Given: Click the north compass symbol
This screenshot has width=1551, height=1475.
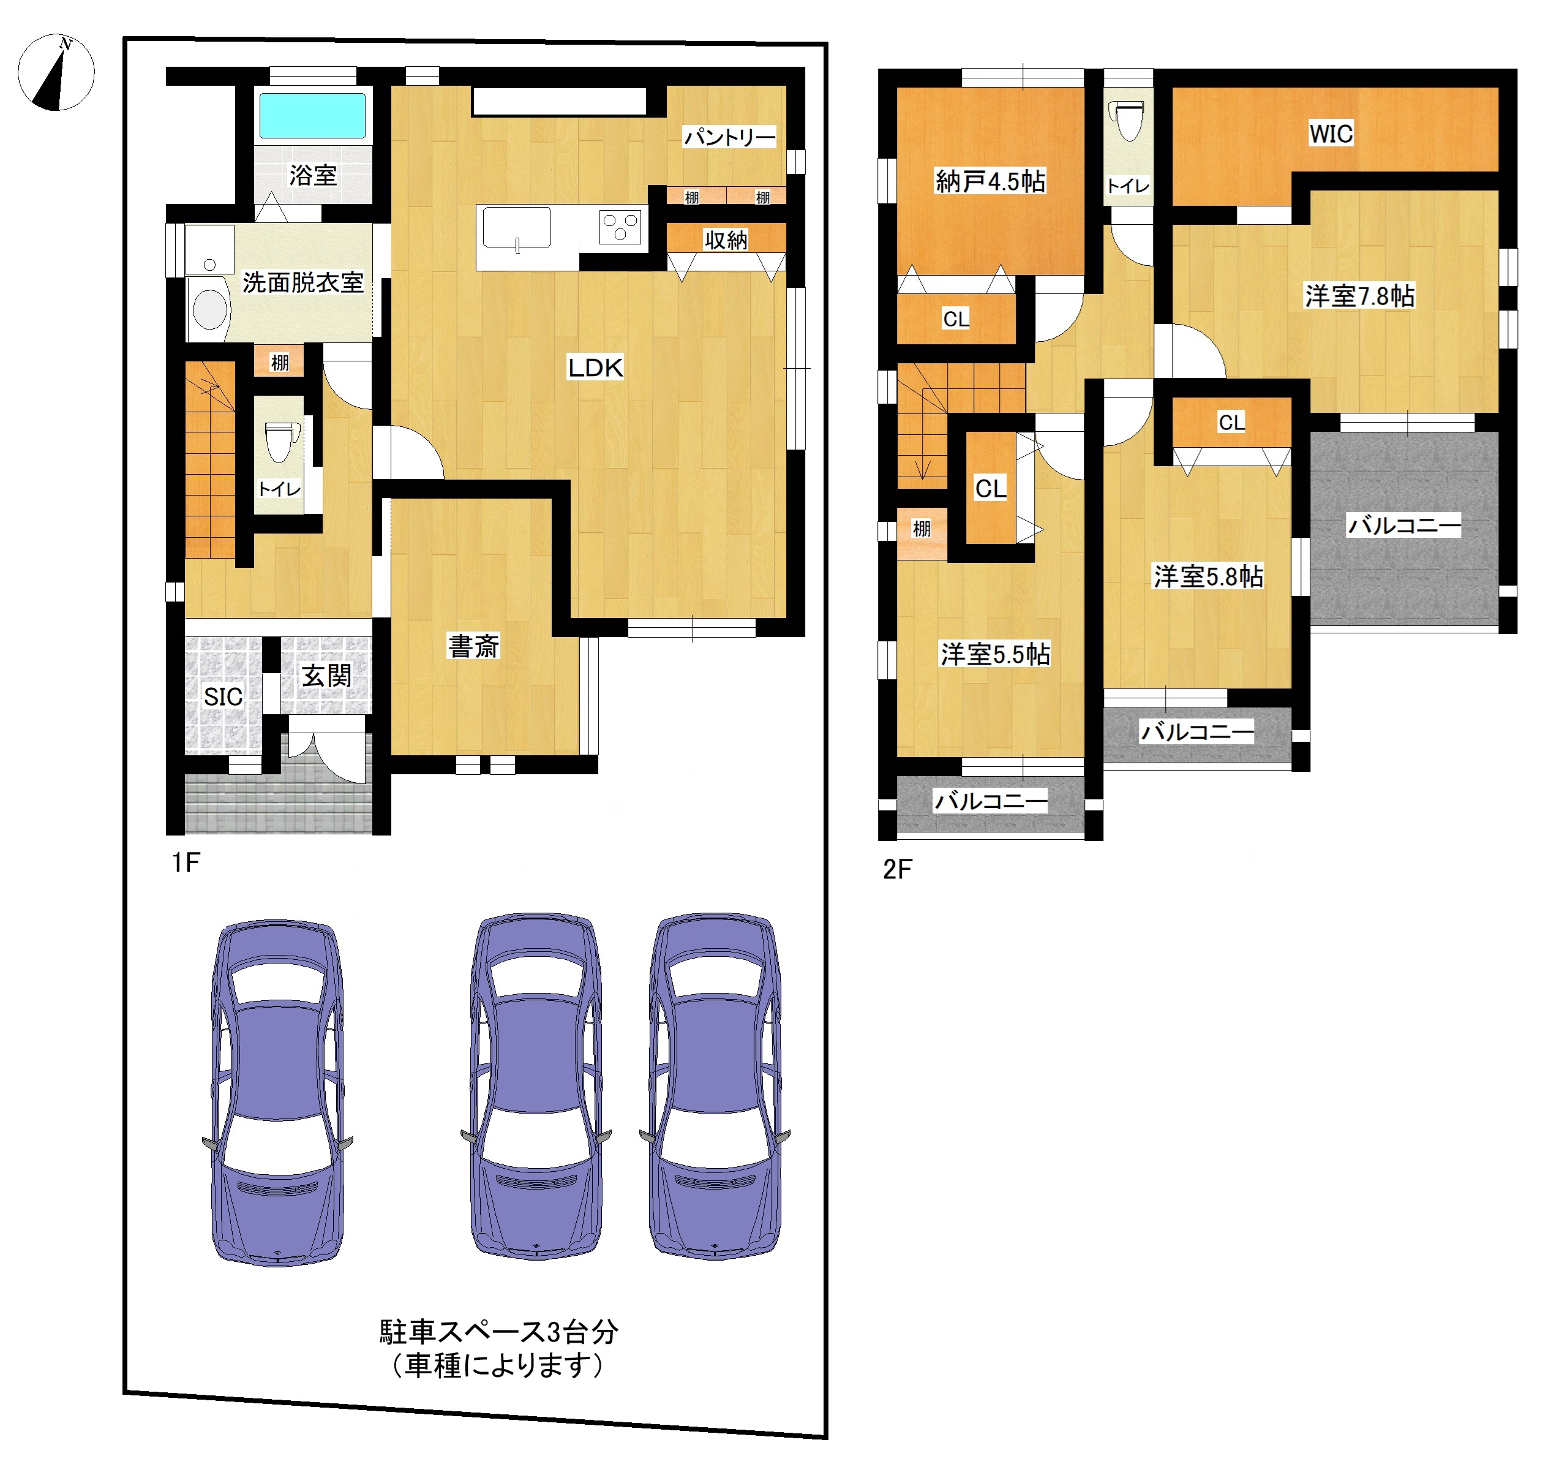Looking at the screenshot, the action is [56, 72].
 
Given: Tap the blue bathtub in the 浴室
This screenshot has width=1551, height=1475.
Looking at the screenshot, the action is [312, 116].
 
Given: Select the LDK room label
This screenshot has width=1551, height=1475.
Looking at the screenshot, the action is [595, 367].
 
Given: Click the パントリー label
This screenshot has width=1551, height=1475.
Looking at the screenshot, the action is [729, 138].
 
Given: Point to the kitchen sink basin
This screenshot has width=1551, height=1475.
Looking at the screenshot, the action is [516, 228].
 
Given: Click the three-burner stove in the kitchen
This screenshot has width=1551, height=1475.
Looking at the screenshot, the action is [620, 227].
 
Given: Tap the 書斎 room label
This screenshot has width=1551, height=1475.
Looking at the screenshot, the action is [473, 646].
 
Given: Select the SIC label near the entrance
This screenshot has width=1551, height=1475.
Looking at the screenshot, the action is [223, 696].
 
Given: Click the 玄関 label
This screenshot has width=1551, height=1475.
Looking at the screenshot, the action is [326, 676].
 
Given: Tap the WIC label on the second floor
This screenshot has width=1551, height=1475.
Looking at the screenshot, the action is [1331, 134].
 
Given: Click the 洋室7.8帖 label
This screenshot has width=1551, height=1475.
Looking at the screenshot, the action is [1359, 296].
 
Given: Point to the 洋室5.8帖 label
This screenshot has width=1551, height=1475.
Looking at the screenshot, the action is [1207, 576].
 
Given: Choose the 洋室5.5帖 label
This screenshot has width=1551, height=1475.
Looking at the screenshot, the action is [994, 654].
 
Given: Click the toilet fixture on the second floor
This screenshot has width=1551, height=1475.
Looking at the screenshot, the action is [1129, 120].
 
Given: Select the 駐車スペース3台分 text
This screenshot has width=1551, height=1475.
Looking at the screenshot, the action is [498, 1332].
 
